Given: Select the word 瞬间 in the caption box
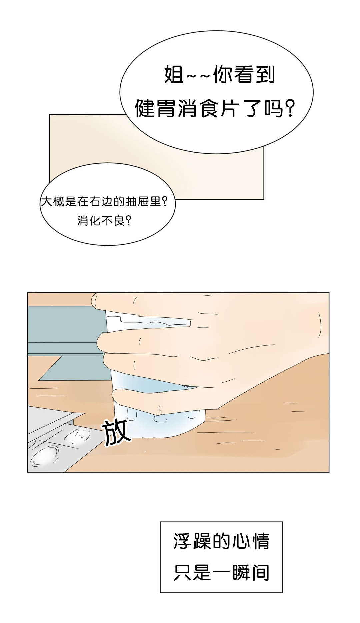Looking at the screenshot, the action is [251, 572].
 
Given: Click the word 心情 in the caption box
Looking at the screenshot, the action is [251, 541].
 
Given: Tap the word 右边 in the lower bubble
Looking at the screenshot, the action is [101, 202].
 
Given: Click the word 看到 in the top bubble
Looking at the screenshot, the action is [254, 74].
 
